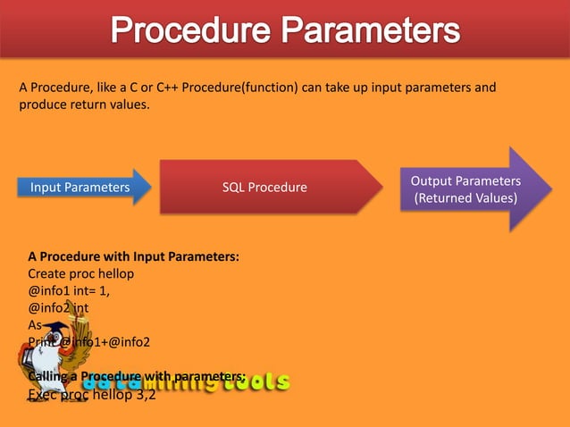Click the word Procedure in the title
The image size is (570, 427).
189,34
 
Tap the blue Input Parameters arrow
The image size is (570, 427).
80,188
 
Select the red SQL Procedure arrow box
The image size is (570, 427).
264,187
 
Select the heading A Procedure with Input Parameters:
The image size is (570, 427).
133,257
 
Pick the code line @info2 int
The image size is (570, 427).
58,308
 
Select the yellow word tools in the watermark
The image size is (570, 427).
256,382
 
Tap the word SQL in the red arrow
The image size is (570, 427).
233,187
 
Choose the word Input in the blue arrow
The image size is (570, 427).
48,188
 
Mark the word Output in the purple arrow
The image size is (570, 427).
432,181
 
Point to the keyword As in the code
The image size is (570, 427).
36,325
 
